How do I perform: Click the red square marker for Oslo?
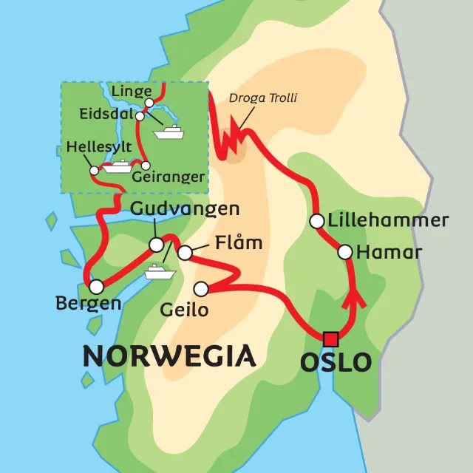pyautogui.click(x=330, y=339)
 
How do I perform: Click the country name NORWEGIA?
pyautogui.click(x=169, y=356)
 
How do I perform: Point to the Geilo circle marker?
pyautogui.click(x=200, y=288)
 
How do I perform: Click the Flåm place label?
pyautogui.click(x=239, y=243)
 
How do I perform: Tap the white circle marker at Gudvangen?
pyautogui.click(x=156, y=245)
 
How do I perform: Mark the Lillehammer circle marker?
pyautogui.click(x=316, y=221)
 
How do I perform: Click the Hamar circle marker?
pyautogui.click(x=344, y=252)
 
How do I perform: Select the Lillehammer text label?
pyautogui.click(x=388, y=220)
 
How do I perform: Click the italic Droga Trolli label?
pyautogui.click(x=263, y=98)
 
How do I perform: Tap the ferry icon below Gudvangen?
pyautogui.click(x=160, y=272)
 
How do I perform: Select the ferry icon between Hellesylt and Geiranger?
pyautogui.click(x=118, y=166)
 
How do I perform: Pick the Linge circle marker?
pyautogui.click(x=149, y=102)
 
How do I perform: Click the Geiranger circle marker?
pyautogui.click(x=146, y=165)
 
